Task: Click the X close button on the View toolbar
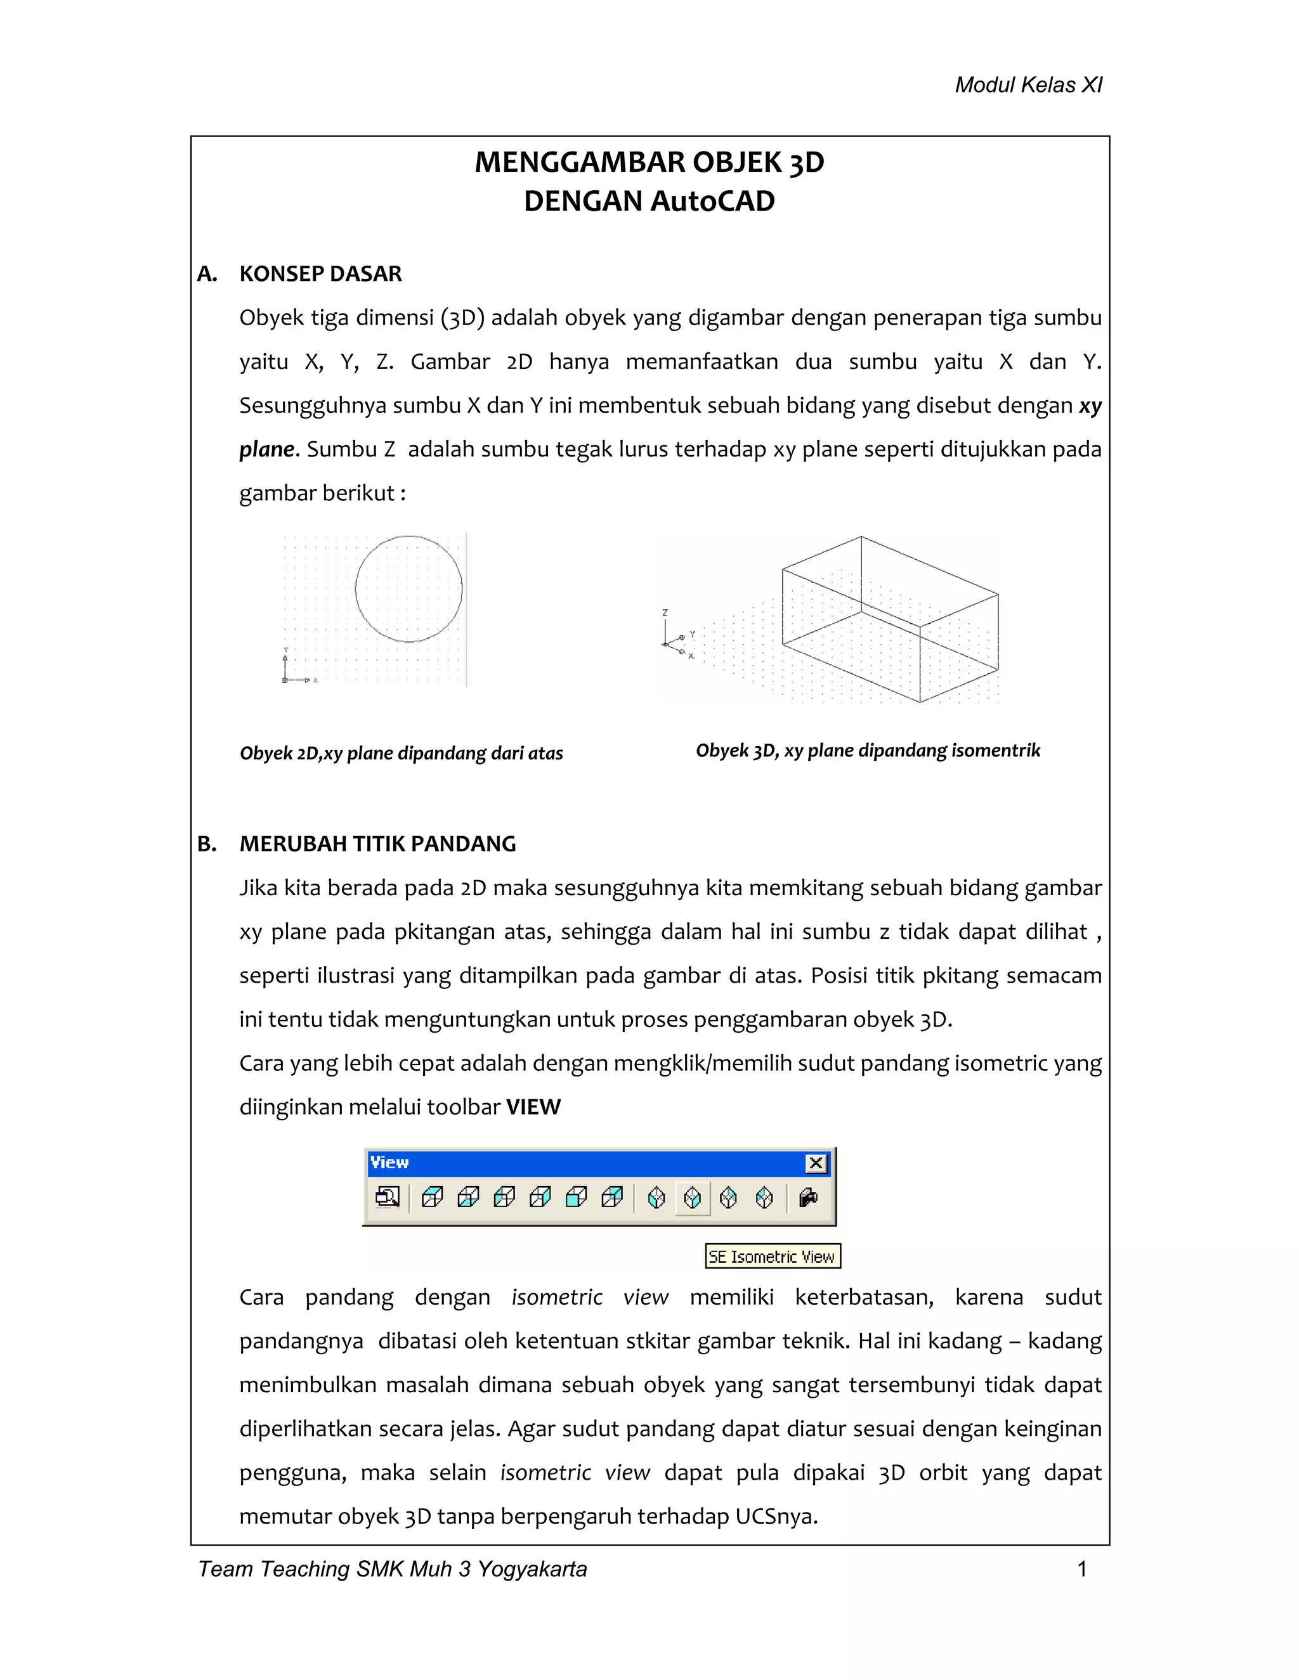click(816, 1163)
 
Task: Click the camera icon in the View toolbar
click(808, 1198)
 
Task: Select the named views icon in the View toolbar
click(387, 1198)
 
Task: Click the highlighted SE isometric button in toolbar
click(693, 1198)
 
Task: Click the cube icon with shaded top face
click(433, 1197)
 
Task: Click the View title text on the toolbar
click(389, 1162)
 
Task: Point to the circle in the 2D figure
click(408, 536)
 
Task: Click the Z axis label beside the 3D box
click(665, 612)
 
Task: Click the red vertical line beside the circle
click(466, 608)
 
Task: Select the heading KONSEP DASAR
click(320, 274)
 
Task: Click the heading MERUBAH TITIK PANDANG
click(377, 844)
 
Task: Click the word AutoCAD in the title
click(712, 202)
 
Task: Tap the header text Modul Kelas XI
click(1028, 86)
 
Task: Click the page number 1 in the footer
click(1082, 1569)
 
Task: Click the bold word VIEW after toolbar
click(533, 1107)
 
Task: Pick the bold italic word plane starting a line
click(266, 450)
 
